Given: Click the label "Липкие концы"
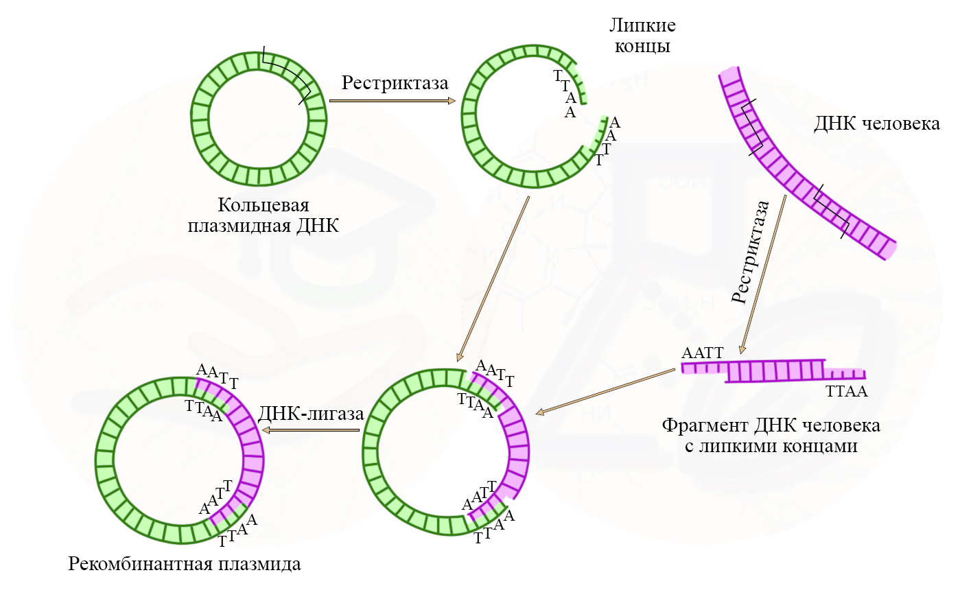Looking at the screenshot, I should point(642,36).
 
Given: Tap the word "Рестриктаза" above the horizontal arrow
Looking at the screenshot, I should point(395,83).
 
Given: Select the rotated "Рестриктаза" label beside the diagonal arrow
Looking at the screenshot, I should point(750,252).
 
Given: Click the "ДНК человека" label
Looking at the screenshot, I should point(876,123).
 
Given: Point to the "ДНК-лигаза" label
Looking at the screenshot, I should point(311,414).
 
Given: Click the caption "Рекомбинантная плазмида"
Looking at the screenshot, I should point(184,564).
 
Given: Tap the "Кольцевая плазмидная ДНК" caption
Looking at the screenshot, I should point(264,215).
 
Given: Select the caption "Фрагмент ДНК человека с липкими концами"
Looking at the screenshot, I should point(771,436).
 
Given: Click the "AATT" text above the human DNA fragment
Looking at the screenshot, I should point(702,353).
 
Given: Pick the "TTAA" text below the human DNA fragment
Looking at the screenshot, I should point(846,392).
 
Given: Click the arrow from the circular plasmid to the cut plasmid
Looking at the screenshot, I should point(392,101).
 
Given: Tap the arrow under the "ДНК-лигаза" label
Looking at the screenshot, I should point(312,430).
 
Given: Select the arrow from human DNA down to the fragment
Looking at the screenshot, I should point(763,274).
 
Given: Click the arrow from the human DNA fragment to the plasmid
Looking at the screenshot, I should point(605,392).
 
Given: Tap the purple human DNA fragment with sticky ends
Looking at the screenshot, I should point(775,370).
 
